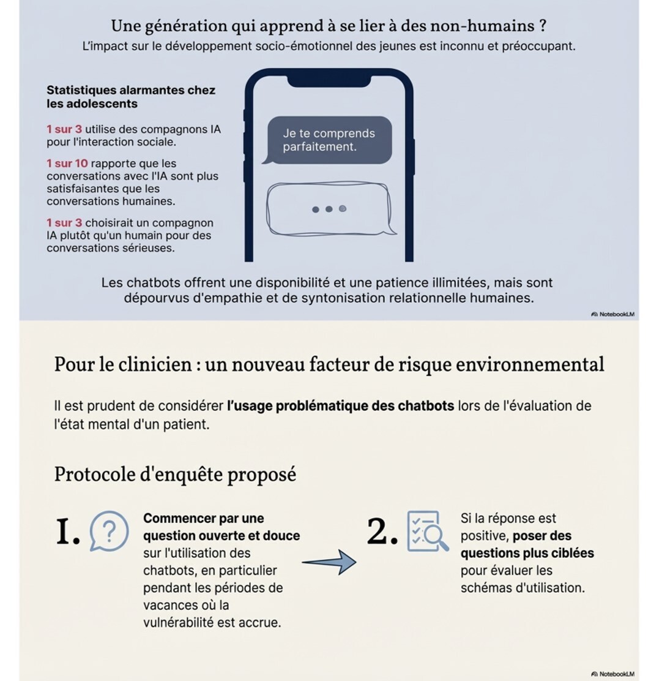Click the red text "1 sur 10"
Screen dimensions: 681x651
(67, 164)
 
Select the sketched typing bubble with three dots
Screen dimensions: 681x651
(329, 209)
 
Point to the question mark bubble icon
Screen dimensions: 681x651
(110, 531)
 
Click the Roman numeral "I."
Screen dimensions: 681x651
(68, 531)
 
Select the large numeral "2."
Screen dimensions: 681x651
(382, 531)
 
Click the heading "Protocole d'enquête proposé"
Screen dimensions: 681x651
(175, 474)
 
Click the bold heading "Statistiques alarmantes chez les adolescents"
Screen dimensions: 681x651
(131, 97)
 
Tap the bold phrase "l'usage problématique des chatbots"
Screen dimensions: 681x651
(340, 405)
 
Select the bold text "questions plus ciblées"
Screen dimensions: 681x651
(527, 553)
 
